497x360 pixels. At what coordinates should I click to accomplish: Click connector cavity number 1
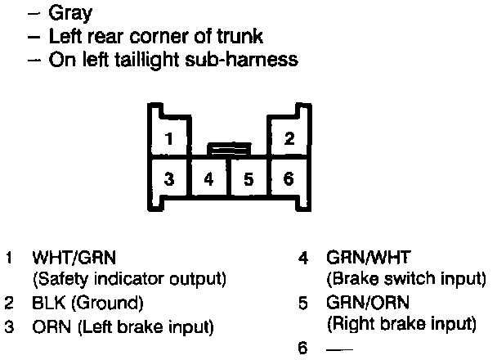coord(168,138)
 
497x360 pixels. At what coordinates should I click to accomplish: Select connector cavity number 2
coord(289,138)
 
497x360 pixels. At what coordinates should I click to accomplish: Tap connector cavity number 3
coord(168,178)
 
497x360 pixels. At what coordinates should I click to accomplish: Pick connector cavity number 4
coord(209,178)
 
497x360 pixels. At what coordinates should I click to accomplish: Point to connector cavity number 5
coord(248,178)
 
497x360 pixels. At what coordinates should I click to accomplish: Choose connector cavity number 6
coord(289,178)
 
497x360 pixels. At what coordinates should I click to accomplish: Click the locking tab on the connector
coord(229,149)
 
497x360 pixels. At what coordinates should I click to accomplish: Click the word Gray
coord(71,13)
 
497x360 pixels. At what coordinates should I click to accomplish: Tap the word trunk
coord(240,37)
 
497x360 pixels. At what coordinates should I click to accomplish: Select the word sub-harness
coord(250,60)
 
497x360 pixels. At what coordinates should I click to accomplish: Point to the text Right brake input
coord(401,325)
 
